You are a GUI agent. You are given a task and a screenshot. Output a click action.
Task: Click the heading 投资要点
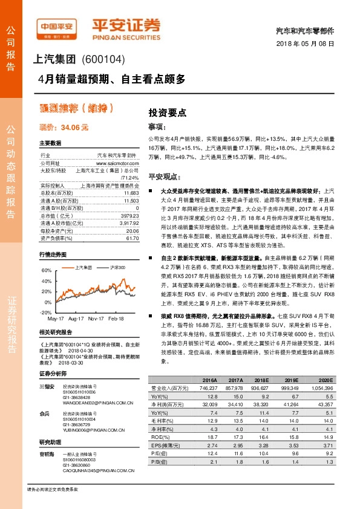coord(163,112)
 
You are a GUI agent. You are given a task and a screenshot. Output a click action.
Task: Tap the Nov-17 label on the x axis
coord(96,317)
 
